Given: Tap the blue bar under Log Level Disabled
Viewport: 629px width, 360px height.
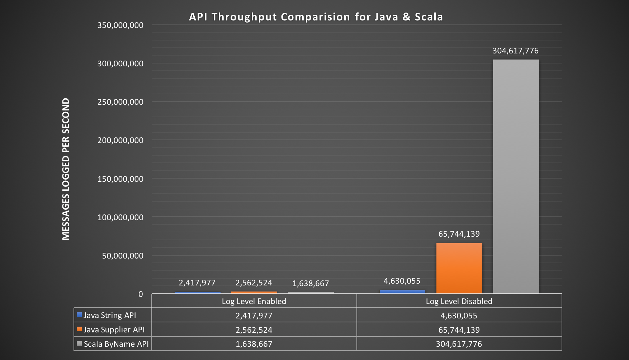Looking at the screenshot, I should click(402, 292).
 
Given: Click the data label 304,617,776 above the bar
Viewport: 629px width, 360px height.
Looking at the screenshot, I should click(515, 51).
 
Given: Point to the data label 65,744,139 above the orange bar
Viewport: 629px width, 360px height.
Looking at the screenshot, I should click(459, 234).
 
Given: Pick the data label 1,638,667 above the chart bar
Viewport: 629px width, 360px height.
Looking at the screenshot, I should click(311, 284).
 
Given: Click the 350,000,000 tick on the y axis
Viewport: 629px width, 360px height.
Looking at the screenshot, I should click(120, 25).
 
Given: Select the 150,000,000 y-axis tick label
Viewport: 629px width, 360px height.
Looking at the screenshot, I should click(120, 179).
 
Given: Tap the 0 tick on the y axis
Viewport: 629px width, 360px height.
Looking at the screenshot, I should click(141, 294).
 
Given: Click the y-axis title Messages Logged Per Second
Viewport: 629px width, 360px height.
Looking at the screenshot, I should click(66, 169).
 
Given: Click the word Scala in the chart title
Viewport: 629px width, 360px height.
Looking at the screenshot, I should click(429, 17).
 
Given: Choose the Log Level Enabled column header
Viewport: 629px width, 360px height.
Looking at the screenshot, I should click(254, 301).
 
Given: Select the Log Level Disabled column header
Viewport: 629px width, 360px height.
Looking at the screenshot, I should click(459, 301).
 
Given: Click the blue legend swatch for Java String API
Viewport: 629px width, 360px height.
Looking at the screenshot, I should click(79, 315).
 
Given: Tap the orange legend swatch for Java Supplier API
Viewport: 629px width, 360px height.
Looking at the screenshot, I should click(79, 329).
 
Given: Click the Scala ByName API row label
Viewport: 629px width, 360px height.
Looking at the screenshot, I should click(116, 344).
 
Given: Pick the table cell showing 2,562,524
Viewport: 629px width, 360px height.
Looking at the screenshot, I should click(254, 330).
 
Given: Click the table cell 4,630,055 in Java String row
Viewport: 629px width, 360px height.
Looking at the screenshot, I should click(459, 316).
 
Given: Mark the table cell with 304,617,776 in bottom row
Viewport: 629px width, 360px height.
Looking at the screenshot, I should click(459, 344).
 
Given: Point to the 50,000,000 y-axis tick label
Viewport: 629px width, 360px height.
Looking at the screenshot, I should click(123, 256).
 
